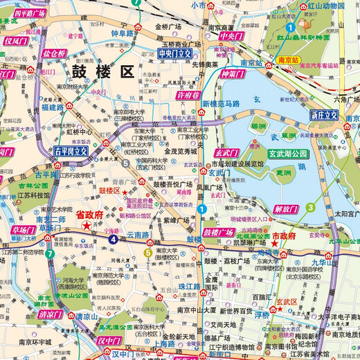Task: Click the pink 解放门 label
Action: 286,208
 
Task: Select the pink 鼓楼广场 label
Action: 219,232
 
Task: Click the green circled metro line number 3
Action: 312,207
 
